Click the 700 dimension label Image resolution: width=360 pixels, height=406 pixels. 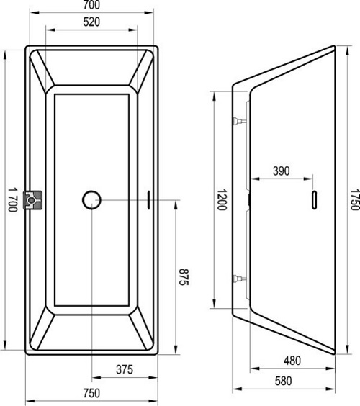(x=91, y=4)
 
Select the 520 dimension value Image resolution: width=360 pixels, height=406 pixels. (x=91, y=22)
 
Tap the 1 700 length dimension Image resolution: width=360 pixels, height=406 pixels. (x=12, y=199)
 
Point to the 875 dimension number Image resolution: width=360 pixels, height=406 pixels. (x=184, y=277)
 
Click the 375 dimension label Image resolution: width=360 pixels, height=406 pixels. (x=125, y=369)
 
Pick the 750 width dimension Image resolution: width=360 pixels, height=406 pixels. (x=91, y=393)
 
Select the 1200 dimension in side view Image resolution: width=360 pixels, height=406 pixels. (x=222, y=199)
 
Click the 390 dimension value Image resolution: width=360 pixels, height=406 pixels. (x=282, y=171)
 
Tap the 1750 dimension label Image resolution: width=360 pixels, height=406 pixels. (x=355, y=199)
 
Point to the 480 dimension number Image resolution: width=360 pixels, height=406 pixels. (x=292, y=361)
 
